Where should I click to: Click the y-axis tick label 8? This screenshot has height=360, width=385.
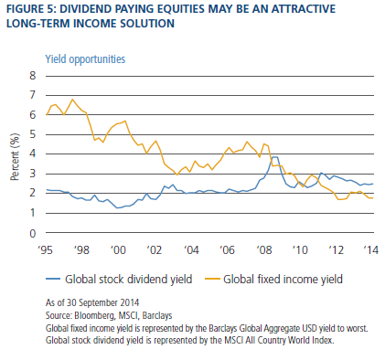tap(33, 76)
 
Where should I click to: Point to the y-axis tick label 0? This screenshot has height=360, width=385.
tap(33, 233)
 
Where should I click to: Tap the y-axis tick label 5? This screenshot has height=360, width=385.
tap(33, 134)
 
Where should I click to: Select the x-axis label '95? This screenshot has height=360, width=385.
tap(46, 250)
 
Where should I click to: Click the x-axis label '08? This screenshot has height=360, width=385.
tap(263, 250)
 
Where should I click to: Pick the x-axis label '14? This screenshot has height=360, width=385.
tap(370, 250)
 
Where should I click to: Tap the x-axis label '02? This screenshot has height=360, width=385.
tap(155, 250)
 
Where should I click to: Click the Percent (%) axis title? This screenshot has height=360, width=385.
tap(15, 157)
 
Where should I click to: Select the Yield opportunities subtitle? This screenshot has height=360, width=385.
tap(85, 58)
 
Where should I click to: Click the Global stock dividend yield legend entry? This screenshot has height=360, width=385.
tap(119, 279)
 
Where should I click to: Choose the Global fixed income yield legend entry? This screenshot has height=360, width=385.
tap(273, 279)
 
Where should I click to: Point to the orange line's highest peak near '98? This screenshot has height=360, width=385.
tap(72, 100)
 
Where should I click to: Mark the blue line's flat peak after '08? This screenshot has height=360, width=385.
tap(274, 157)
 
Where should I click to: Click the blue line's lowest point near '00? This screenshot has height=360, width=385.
tap(117, 207)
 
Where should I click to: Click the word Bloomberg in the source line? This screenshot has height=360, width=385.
tap(95, 315)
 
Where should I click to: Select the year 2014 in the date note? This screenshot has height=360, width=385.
tap(129, 302)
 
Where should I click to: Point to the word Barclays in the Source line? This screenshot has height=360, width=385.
tap(157, 315)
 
